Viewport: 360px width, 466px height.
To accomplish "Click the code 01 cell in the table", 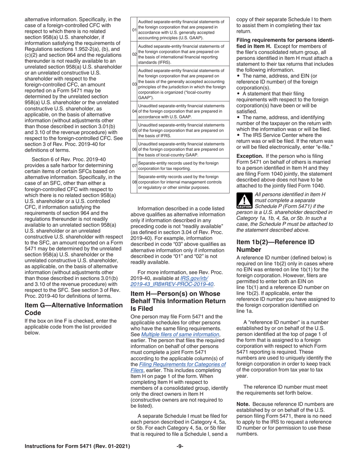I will click(134, 30).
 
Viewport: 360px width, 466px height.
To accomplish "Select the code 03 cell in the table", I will click(134, 84).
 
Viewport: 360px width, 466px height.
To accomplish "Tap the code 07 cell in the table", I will click(134, 166).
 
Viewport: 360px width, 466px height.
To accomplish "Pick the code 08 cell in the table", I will click(134, 182).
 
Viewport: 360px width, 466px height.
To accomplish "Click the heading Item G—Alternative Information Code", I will click(74, 309).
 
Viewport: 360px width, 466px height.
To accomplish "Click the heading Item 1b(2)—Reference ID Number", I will click(275, 246).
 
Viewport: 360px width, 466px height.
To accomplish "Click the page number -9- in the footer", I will click(180, 446).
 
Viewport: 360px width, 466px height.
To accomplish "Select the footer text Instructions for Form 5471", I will click(77, 446).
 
